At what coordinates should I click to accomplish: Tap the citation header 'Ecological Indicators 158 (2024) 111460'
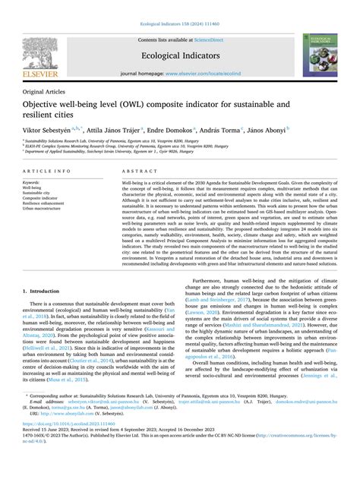click(x=179, y=5)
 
